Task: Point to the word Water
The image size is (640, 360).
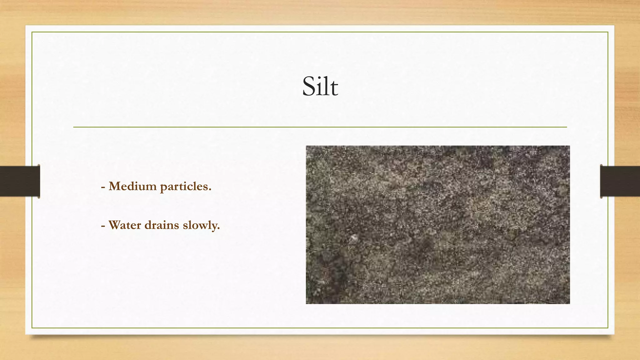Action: tap(124, 225)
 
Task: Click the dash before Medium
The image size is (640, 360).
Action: tap(103, 187)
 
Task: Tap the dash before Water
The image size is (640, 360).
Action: tap(103, 226)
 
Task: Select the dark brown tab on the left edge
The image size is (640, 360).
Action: tap(20, 181)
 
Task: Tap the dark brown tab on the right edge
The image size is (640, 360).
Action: tap(620, 181)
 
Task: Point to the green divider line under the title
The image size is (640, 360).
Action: tap(320, 127)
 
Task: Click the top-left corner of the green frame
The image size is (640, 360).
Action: tap(32, 32)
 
